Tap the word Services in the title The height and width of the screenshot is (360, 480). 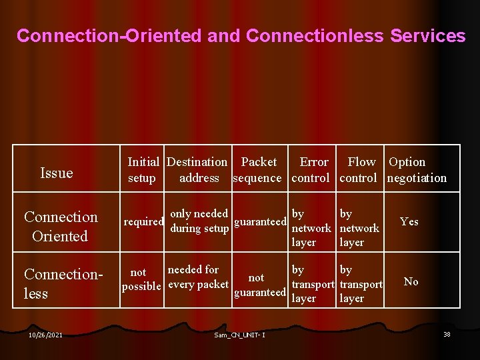pyautogui.click(x=427, y=36)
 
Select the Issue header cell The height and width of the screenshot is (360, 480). pyautogui.click(x=57, y=173)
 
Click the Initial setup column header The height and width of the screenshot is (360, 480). pyautogui.click(x=143, y=170)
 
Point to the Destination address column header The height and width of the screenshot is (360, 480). pyautogui.click(x=197, y=170)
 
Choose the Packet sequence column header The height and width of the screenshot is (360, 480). pyautogui.click(x=258, y=170)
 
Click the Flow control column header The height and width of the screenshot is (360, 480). pyautogui.click(x=360, y=170)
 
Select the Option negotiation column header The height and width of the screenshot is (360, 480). pyautogui.click(x=417, y=170)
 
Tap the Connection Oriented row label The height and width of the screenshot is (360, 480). pyautogui.click(x=61, y=227)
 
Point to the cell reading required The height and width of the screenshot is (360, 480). pyautogui.click(x=143, y=222)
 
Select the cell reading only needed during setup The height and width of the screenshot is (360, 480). pyautogui.click(x=199, y=221)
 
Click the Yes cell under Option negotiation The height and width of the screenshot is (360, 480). pyautogui.click(x=409, y=221)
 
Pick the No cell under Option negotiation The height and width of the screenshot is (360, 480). pyautogui.click(x=411, y=281)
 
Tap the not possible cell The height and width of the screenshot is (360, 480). pyautogui.click(x=141, y=279)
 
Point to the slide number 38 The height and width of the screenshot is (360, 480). pyautogui.click(x=447, y=334)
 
